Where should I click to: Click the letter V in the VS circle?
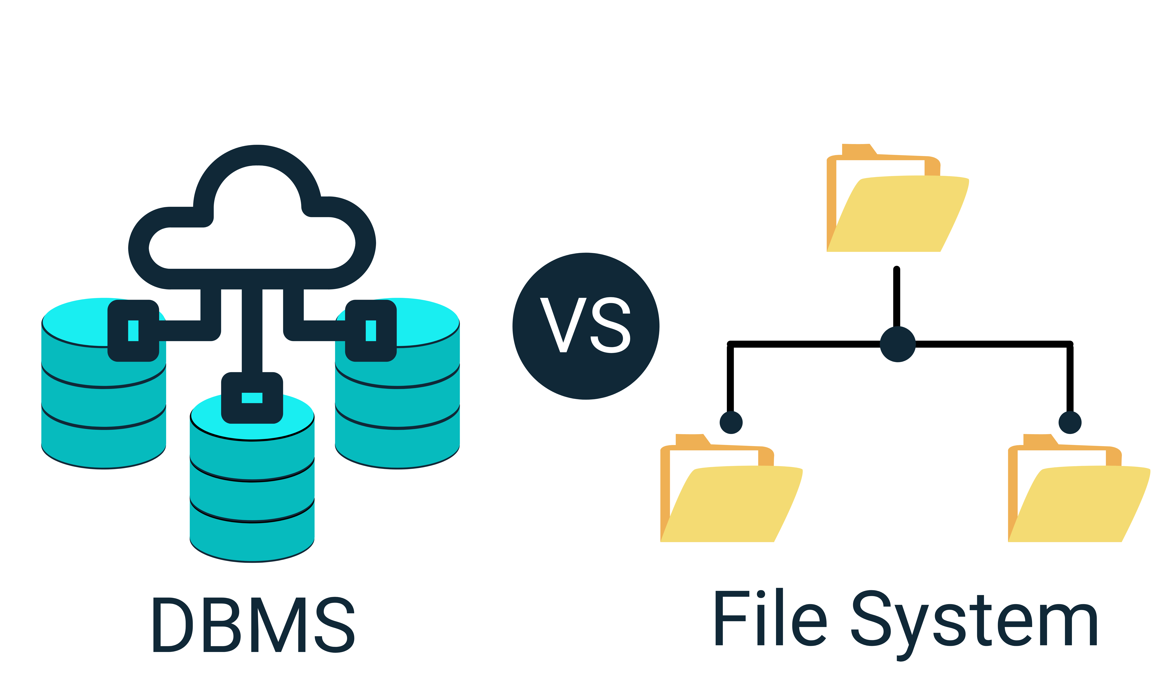[563, 325]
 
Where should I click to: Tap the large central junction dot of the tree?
[897, 344]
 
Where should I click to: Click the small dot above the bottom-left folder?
[731, 422]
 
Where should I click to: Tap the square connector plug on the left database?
[133, 331]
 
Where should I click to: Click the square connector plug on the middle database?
[252, 398]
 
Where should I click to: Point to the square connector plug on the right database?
[371, 331]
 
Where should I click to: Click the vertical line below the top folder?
[897, 297]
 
